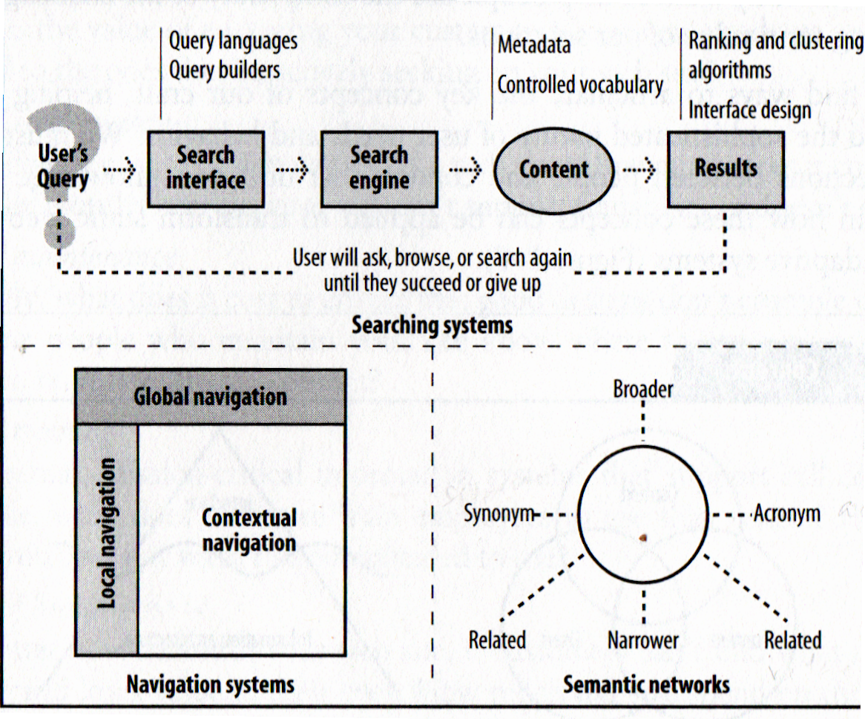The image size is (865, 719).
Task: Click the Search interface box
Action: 205,168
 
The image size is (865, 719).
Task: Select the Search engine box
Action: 379,168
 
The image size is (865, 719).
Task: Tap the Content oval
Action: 554,169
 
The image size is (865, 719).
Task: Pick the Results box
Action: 726,168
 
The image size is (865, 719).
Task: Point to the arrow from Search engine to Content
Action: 465,171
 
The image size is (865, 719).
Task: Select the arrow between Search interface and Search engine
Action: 292,171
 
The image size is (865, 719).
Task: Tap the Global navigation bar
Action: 210,396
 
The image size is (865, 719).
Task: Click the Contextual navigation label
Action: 249,530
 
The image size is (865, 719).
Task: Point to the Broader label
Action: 643,389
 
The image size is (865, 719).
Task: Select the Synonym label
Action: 499,513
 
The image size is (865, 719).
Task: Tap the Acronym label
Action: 787,513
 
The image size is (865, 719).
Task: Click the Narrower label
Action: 642,640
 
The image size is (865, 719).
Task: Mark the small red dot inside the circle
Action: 643,536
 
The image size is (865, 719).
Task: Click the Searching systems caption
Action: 432,325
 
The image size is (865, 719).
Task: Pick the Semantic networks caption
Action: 646,684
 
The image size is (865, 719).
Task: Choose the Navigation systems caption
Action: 210,684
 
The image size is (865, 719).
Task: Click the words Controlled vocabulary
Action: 580,85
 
